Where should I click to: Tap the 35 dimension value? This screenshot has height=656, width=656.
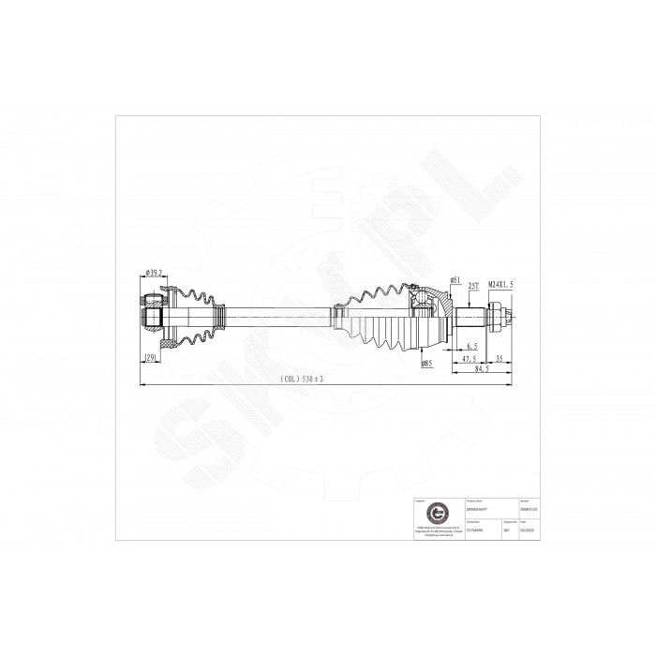tap(499, 359)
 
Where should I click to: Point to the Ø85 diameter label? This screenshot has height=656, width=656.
tap(425, 362)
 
